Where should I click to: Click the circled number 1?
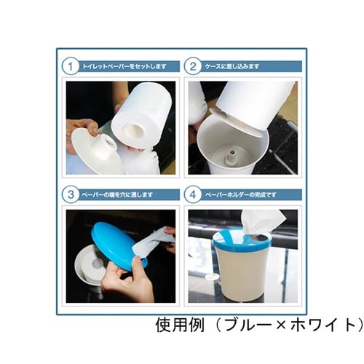(70, 66)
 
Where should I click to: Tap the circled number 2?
(194, 66)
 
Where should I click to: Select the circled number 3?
(70, 194)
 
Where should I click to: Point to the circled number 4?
(194, 194)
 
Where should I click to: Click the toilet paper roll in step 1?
(141, 116)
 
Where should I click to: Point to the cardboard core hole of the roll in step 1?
(134, 131)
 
